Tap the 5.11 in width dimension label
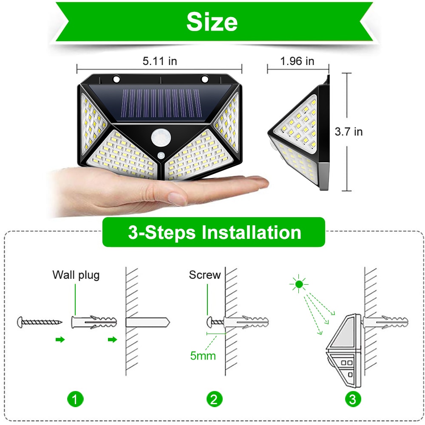[160, 61]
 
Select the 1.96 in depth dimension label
[297, 61]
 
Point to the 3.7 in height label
[348, 132]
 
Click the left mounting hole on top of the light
[116, 79]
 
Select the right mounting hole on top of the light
[205, 79]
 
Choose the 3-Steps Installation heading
[214, 232]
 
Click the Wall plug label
[76, 275]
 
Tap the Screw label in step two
[205, 275]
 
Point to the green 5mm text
[203, 355]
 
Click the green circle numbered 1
[75, 399]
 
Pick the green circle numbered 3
[354, 399]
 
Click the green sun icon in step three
[300, 283]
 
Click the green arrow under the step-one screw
[60, 339]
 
